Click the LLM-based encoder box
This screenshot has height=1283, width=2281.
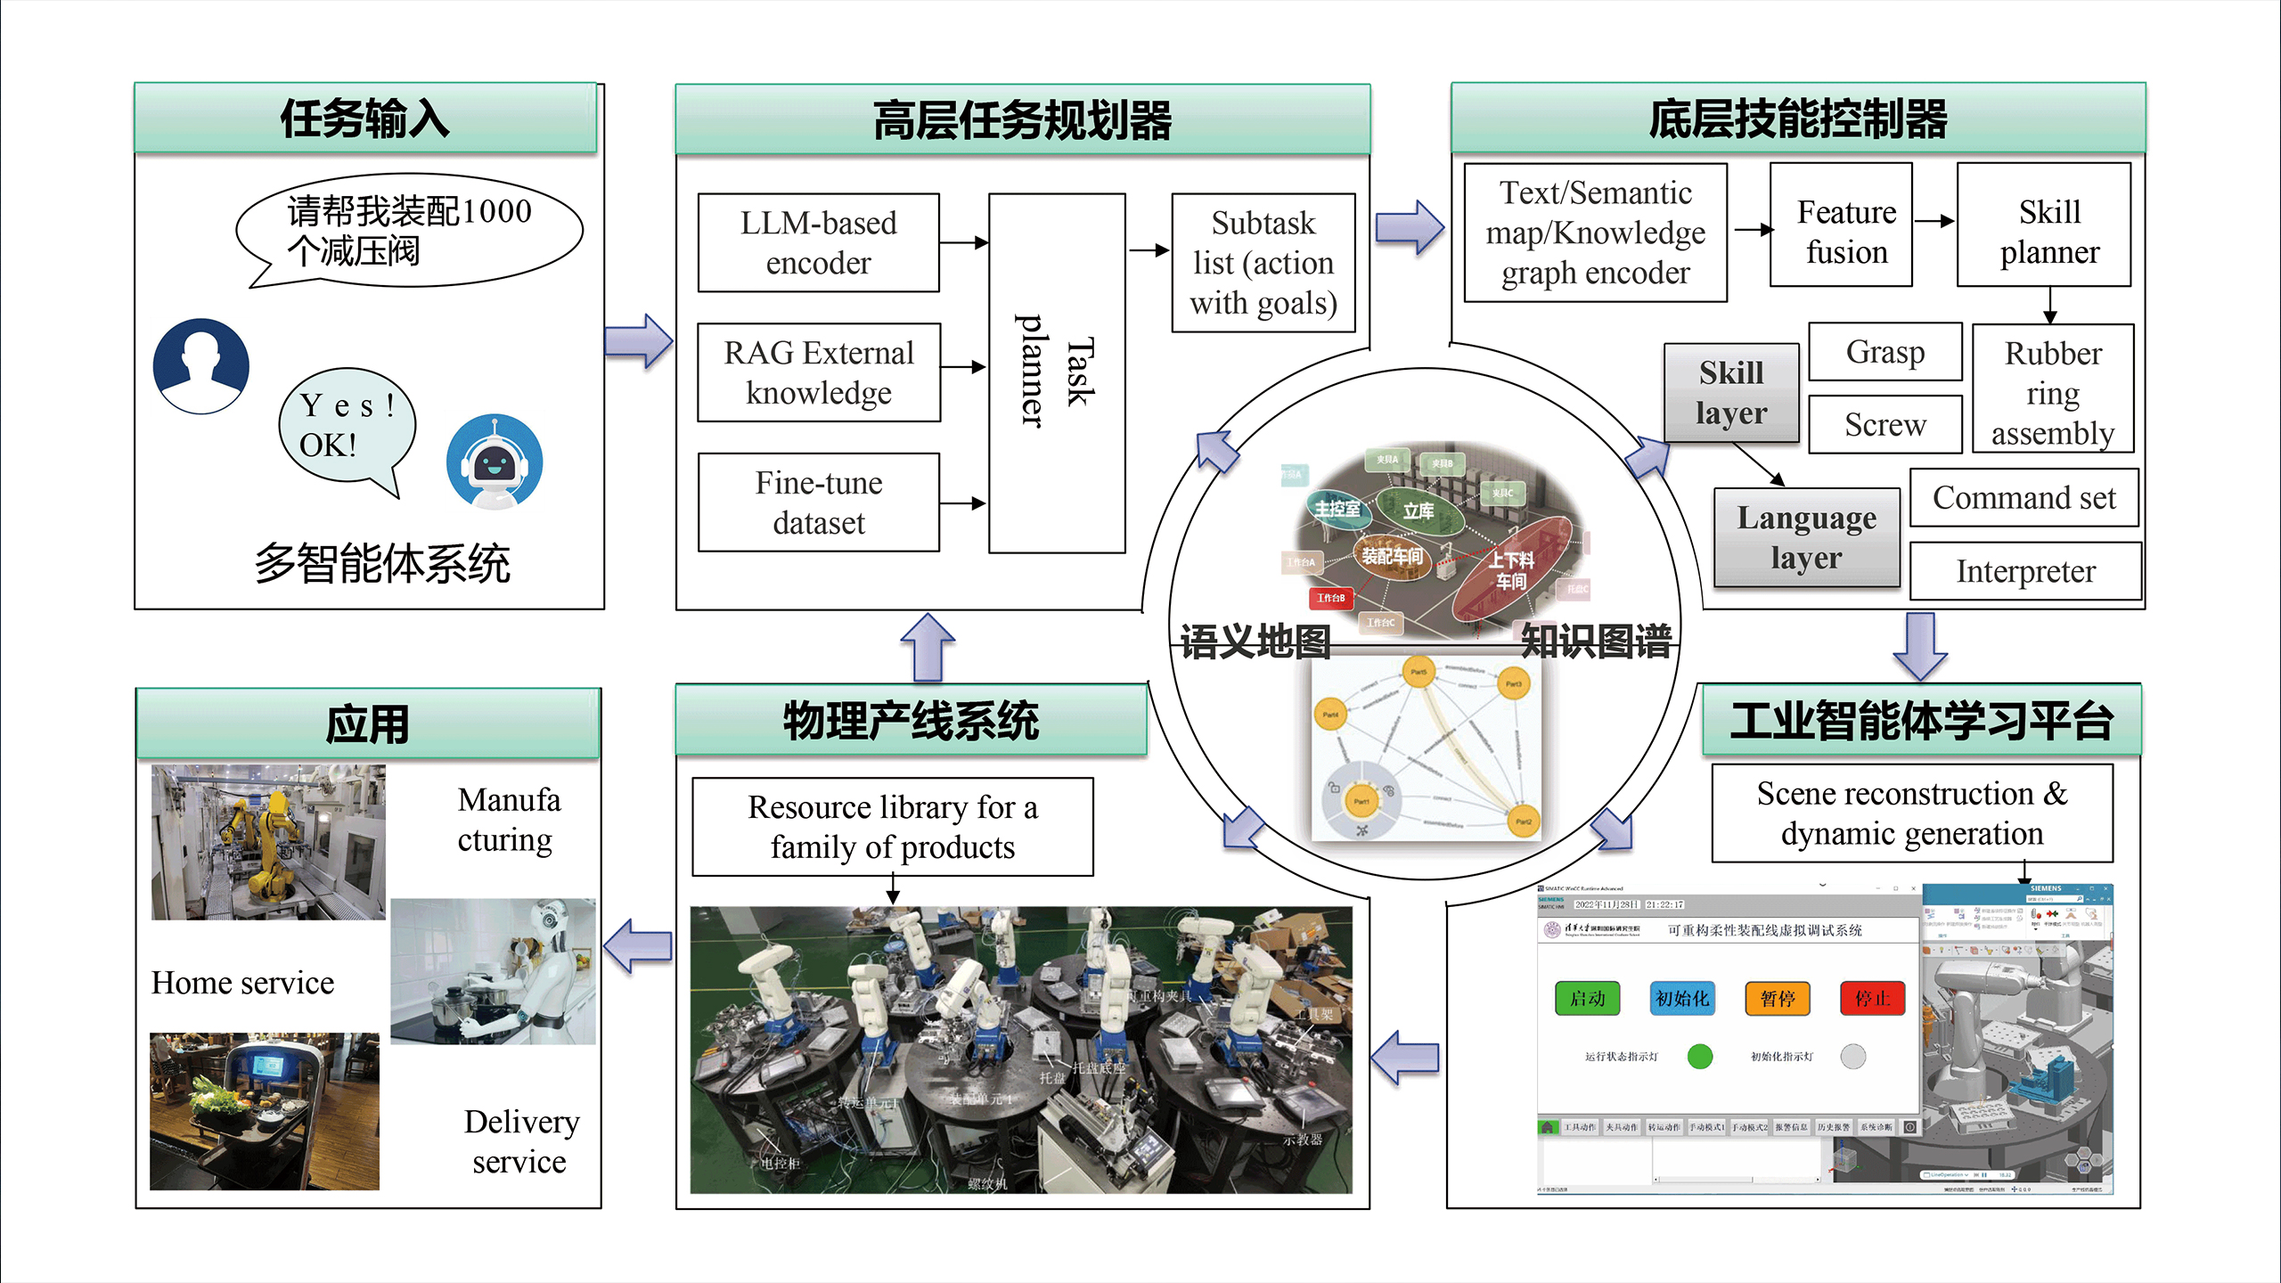[818, 242]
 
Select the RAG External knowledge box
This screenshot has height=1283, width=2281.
[818, 372]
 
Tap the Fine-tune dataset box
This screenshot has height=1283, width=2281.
[818, 503]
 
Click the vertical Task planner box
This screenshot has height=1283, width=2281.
[1057, 372]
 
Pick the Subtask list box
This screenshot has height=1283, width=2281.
[1263, 263]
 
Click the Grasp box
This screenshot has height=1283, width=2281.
[1885, 352]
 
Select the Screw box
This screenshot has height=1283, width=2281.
[1885, 425]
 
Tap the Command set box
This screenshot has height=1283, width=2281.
[2023, 498]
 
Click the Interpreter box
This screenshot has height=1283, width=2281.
[2025, 571]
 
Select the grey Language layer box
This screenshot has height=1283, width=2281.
[1807, 537]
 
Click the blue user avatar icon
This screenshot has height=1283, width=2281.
[201, 366]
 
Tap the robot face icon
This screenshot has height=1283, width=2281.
[495, 462]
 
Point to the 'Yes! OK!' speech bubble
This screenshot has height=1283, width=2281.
[346, 426]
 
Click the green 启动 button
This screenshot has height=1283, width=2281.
[1587, 999]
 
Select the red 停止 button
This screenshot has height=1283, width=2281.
[1872, 999]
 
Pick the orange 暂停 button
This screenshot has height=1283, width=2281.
[1778, 999]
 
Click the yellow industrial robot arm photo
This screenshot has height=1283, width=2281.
[268, 842]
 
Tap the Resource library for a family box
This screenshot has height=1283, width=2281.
[893, 827]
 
